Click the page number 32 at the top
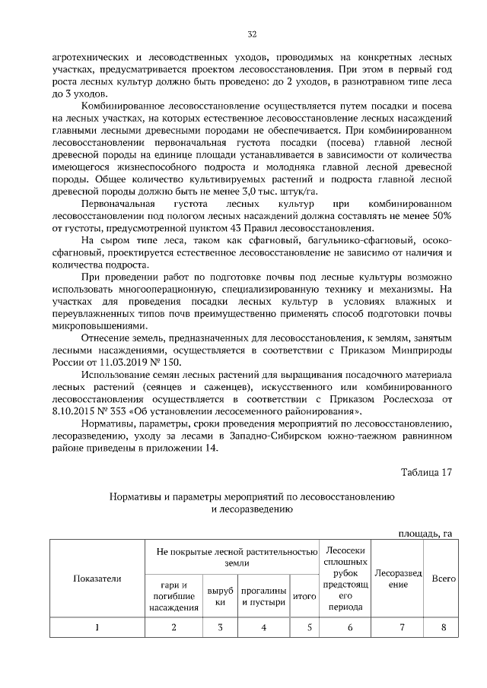click(x=252, y=34)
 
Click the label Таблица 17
click(x=427, y=472)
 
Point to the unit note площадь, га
click(x=425, y=534)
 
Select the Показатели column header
click(x=97, y=579)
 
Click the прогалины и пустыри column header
click(x=263, y=597)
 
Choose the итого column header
click(x=304, y=597)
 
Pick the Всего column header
click(x=443, y=579)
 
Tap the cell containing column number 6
click(x=350, y=627)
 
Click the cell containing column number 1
click(x=97, y=627)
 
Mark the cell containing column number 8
click(x=443, y=627)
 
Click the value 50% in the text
click(x=439, y=217)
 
